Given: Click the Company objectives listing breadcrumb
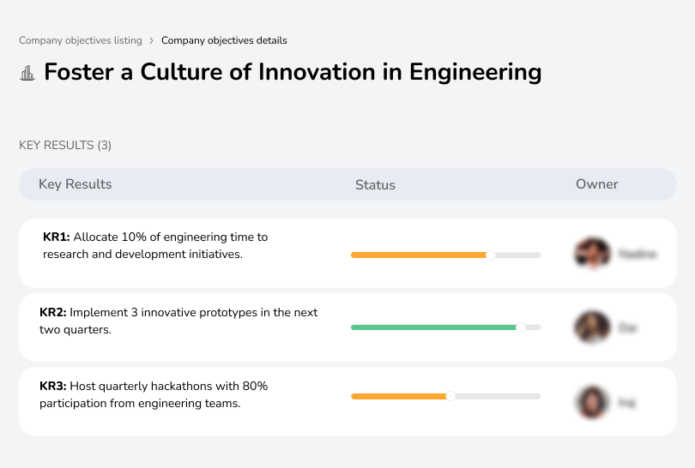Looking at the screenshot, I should tap(81, 40).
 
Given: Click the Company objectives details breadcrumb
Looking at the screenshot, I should tap(224, 40).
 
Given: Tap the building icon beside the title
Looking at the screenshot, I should tap(27, 73).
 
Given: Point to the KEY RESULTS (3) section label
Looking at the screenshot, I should tap(65, 145).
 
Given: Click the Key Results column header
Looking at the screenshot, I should tap(75, 184).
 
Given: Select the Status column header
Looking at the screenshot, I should tap(375, 184).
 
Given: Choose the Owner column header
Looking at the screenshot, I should tap(596, 184).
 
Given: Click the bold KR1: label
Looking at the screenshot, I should tap(57, 237).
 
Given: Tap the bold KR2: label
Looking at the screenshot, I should tap(53, 313).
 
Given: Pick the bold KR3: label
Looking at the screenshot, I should tap(53, 387).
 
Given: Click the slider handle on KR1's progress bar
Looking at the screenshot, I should tap(491, 255).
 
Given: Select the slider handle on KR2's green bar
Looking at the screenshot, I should tap(520, 327).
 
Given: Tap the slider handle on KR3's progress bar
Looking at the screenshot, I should tap(450, 396).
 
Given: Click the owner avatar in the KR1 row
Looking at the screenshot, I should tap(591, 254).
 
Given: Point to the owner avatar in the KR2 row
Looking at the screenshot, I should tap(591, 327).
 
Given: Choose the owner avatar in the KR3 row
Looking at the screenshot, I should tap(591, 401).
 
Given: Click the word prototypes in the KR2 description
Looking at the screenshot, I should tap(218, 313).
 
